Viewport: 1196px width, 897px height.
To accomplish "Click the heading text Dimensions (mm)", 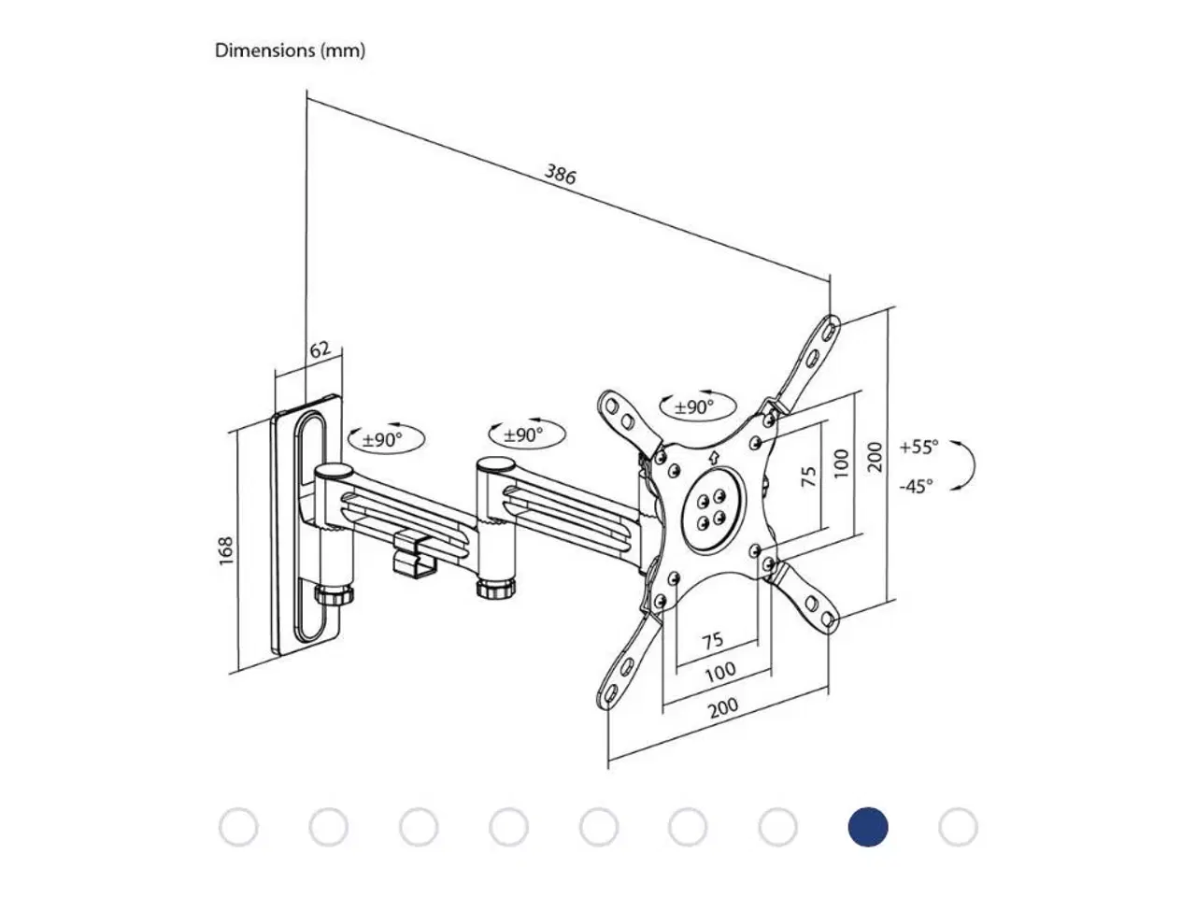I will pyautogui.click(x=290, y=50).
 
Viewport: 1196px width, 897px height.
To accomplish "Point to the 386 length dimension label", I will pyautogui.click(x=561, y=174).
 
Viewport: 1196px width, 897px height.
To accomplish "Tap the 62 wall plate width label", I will pyautogui.click(x=320, y=350).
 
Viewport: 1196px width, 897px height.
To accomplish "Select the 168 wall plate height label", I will pyautogui.click(x=225, y=550).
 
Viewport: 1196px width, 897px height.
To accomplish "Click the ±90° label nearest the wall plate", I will pyautogui.click(x=382, y=439).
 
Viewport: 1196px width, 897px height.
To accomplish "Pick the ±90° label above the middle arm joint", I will pyautogui.click(x=523, y=434).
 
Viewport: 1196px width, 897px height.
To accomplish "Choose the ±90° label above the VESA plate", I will pyautogui.click(x=694, y=406).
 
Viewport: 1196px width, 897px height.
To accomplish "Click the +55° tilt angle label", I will pyautogui.click(x=918, y=447).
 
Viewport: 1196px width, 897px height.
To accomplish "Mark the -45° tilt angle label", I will pyautogui.click(x=916, y=486).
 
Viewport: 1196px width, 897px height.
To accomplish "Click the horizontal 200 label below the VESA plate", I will pyautogui.click(x=722, y=707).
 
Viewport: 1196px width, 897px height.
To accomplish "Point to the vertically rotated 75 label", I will pyautogui.click(x=809, y=476).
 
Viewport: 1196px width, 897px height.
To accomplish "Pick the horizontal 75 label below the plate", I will pyautogui.click(x=712, y=641).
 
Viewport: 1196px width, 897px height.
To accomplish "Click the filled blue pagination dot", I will pyautogui.click(x=867, y=828).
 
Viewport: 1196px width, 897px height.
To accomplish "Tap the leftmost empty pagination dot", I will pyautogui.click(x=238, y=828).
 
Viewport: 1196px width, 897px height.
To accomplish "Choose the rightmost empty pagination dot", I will pyautogui.click(x=958, y=828).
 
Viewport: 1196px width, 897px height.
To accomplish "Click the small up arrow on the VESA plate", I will pyautogui.click(x=714, y=458).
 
